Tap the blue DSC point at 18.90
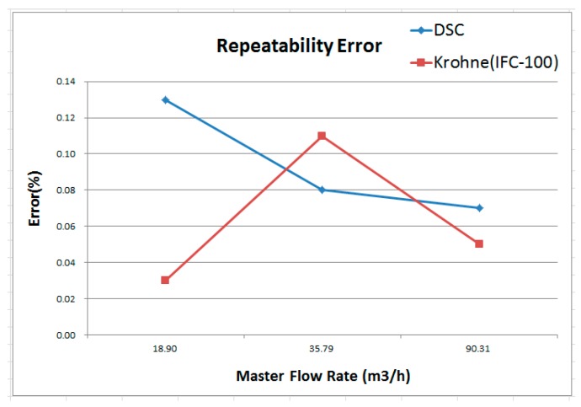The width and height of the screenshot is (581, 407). tap(165, 99)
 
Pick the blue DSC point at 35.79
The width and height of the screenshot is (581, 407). tap(322, 190)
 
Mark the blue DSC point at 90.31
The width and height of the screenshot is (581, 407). tap(479, 207)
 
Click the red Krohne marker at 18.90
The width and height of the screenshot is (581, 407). tap(165, 280)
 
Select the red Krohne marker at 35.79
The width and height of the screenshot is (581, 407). tap(322, 136)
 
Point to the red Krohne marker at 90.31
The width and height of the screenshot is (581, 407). tap(479, 244)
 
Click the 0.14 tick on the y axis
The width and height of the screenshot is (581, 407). tap(65, 82)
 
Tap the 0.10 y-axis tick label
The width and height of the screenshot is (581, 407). tap(65, 154)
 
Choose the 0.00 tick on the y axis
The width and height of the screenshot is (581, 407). tap(65, 335)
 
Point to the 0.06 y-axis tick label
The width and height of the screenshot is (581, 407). tap(65, 226)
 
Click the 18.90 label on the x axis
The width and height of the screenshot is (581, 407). tap(165, 346)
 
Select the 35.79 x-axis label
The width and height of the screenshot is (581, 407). tap(322, 346)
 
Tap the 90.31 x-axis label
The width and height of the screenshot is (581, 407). tap(479, 346)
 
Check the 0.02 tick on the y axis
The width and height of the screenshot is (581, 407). tap(65, 298)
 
